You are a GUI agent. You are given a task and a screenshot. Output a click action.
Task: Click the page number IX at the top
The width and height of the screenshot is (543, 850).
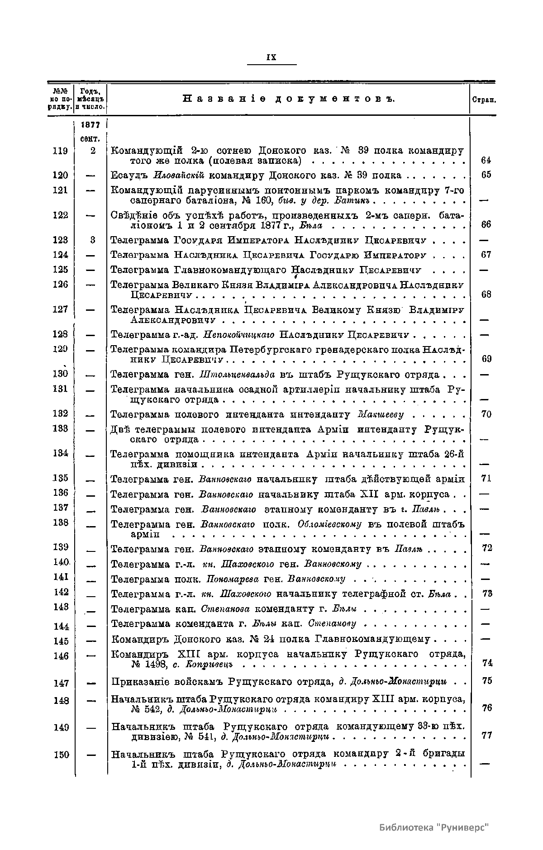click(271, 57)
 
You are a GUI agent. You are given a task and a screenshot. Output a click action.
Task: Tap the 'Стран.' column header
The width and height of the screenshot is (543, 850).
click(484, 100)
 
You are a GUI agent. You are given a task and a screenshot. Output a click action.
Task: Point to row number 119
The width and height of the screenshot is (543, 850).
click(60, 151)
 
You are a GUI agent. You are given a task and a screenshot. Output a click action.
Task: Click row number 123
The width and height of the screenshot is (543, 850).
click(60, 240)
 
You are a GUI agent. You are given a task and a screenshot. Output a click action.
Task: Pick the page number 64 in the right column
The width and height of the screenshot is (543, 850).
click(486, 160)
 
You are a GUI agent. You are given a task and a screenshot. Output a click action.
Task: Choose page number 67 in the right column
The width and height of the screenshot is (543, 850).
click(486, 255)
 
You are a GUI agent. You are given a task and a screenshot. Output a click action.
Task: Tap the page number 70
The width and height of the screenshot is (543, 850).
click(486, 414)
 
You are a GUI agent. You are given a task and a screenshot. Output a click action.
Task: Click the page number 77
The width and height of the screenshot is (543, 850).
click(487, 736)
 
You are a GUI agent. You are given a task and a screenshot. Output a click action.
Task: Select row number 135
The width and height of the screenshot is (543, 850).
click(60, 478)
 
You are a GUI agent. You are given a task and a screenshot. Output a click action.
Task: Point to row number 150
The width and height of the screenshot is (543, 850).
click(61, 755)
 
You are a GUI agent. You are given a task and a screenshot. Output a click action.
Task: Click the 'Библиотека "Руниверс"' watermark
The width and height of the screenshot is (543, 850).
click(434, 827)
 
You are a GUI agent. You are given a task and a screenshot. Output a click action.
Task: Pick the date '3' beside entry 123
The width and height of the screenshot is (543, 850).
click(93, 240)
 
